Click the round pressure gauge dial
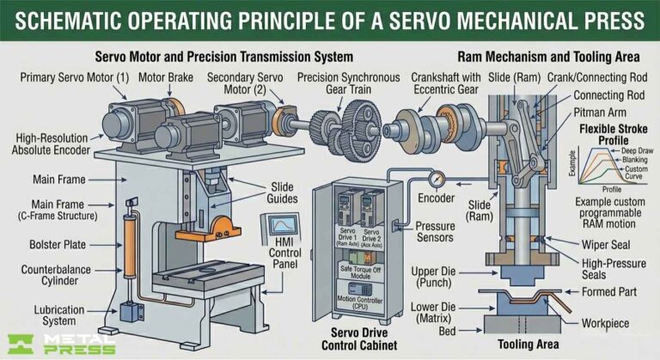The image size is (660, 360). [439, 182]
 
